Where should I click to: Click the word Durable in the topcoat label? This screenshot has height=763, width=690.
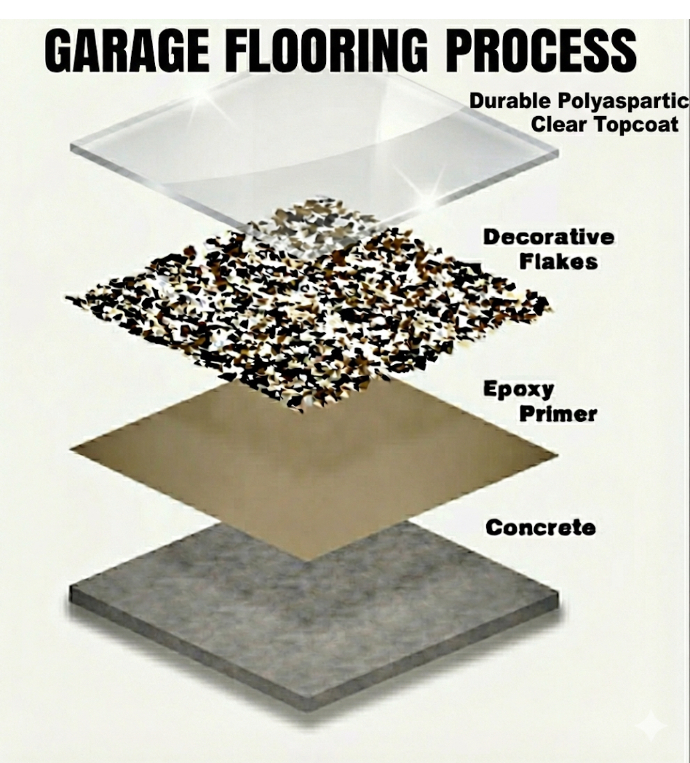point(510,101)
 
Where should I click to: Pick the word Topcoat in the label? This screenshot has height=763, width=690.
point(636,125)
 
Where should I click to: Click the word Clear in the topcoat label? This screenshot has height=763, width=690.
point(559,125)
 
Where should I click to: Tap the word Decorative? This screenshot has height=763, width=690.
point(548,237)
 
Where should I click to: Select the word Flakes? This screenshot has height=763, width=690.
point(558,262)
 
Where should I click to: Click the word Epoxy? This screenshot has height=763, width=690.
point(518,390)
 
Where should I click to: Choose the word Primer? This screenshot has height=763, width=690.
point(558,414)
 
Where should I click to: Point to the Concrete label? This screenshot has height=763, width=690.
point(540,528)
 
